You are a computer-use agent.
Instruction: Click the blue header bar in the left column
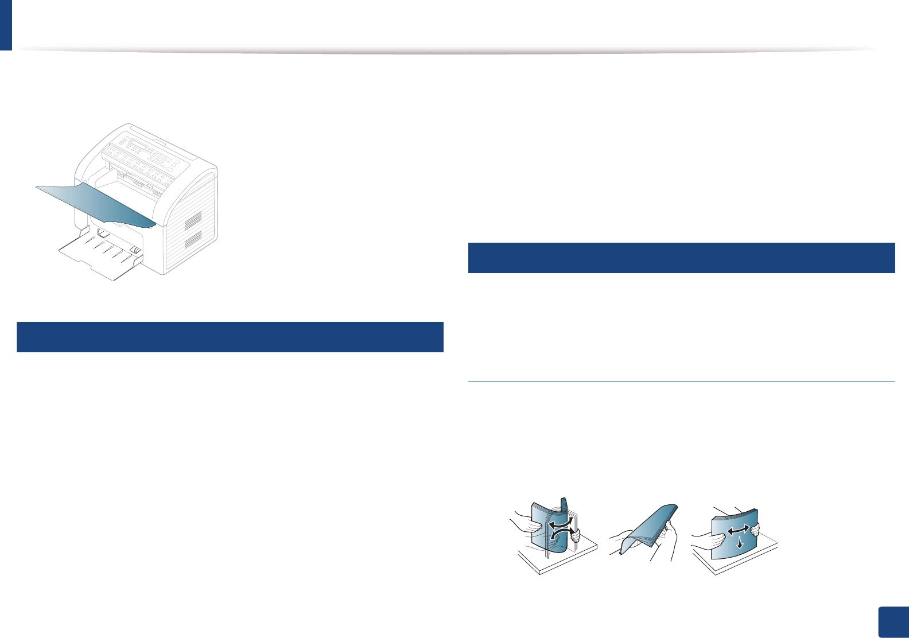tap(230, 337)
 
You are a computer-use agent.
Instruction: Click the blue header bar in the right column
tap(682, 258)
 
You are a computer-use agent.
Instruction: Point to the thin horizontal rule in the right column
tap(682, 382)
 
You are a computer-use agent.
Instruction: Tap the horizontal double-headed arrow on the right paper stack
tap(737, 531)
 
